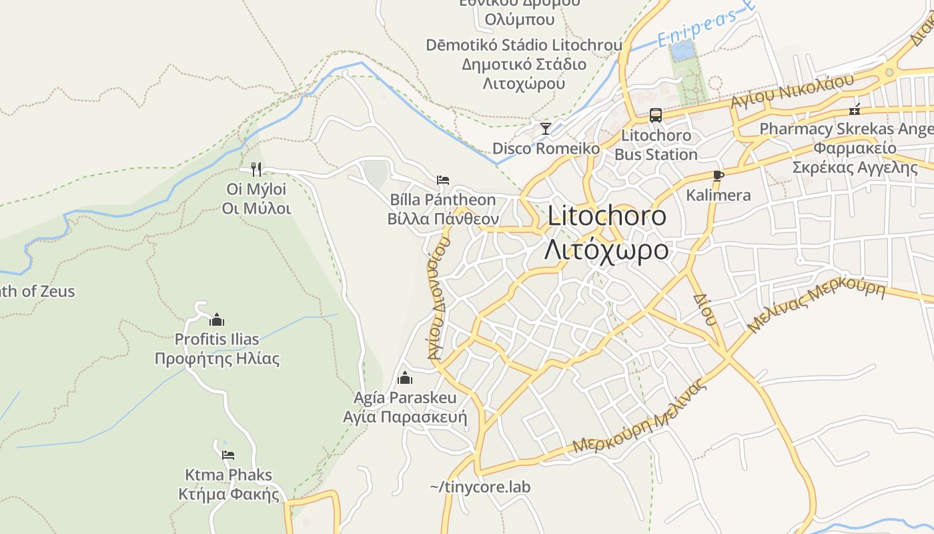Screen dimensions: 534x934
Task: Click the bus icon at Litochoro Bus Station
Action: click(x=656, y=115)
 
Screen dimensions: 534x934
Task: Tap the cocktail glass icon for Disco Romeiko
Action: click(x=546, y=128)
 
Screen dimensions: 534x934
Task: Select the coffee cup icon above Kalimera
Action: click(x=718, y=176)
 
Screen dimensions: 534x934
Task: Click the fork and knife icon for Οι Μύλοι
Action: click(x=256, y=170)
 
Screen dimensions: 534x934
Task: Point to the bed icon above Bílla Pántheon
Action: click(x=442, y=180)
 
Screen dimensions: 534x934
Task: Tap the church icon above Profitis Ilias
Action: click(x=216, y=320)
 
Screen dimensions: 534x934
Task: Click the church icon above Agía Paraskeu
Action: click(x=404, y=378)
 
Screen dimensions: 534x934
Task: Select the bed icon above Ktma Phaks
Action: click(x=228, y=455)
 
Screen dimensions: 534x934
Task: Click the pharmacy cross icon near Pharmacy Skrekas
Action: click(x=855, y=110)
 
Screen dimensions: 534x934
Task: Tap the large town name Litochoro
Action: click(x=606, y=216)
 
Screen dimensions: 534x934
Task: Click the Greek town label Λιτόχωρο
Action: click(x=606, y=250)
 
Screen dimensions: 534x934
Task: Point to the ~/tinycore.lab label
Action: click(x=480, y=487)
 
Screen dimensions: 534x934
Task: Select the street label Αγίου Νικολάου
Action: click(x=792, y=91)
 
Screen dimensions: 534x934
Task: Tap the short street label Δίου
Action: click(x=704, y=309)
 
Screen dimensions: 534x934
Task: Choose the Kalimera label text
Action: click(x=719, y=196)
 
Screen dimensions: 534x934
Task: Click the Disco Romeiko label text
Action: click(x=546, y=148)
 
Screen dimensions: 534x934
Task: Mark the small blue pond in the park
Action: click(x=682, y=50)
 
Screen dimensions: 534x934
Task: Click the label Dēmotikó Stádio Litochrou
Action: click(x=524, y=45)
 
